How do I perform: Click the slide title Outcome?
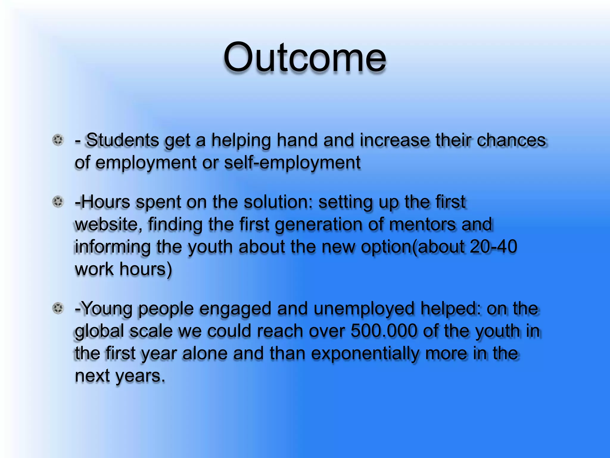(x=305, y=57)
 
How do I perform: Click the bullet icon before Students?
(x=58, y=140)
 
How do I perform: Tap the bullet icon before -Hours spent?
(x=58, y=202)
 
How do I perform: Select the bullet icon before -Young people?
(x=58, y=308)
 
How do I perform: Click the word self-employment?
(x=292, y=163)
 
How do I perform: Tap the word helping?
(x=241, y=140)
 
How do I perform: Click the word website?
(x=108, y=224)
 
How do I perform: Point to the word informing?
(x=113, y=247)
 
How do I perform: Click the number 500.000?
(x=384, y=331)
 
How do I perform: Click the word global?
(x=99, y=331)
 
